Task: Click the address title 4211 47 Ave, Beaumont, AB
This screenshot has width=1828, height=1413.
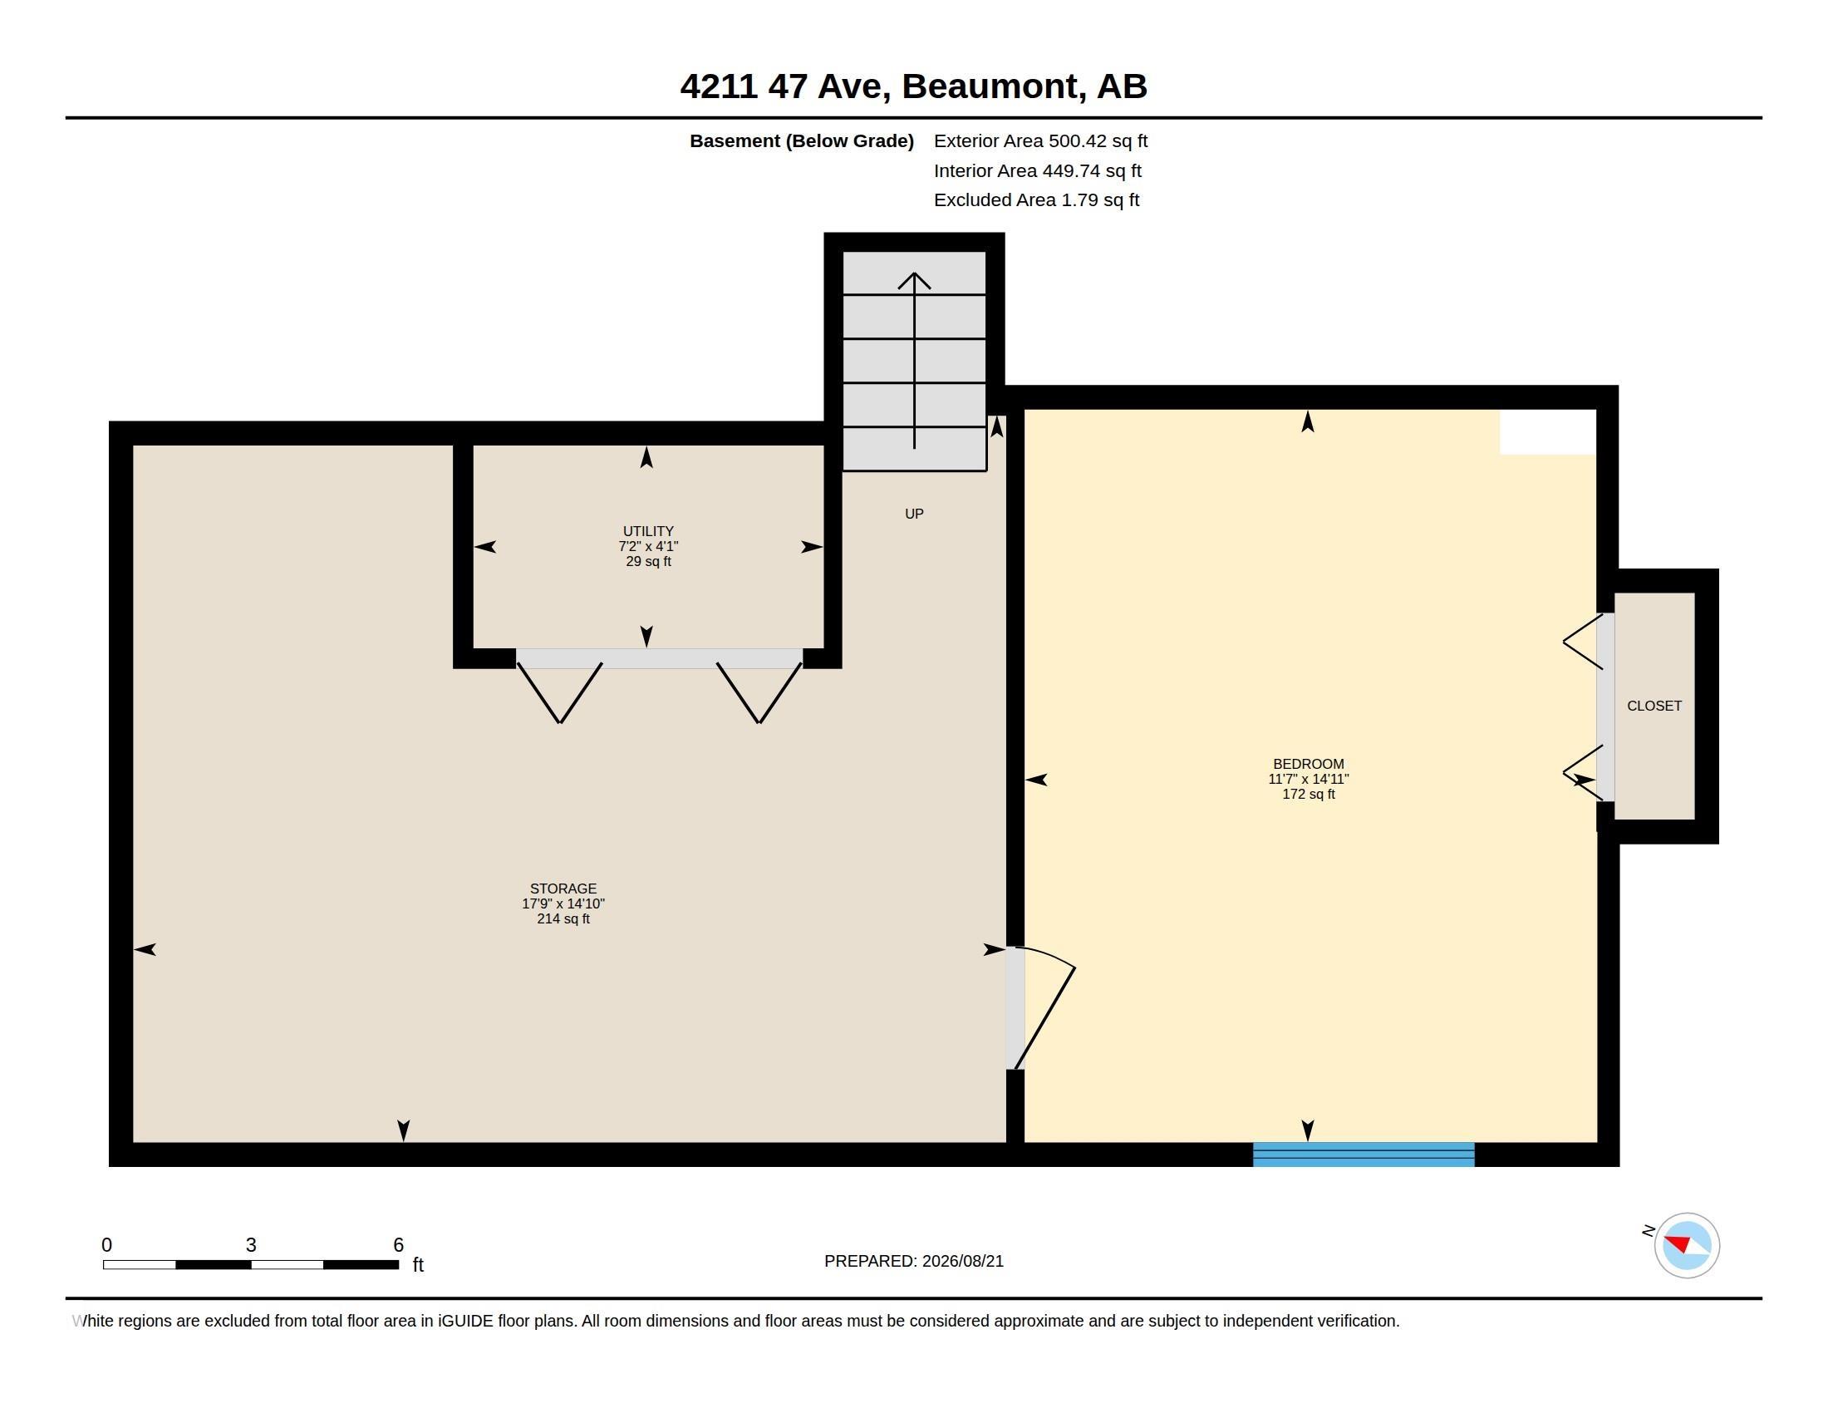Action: coord(913,86)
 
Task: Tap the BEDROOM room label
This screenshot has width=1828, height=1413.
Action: coord(1308,764)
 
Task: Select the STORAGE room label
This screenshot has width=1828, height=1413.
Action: coord(563,889)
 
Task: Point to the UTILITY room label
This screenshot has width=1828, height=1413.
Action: coord(648,532)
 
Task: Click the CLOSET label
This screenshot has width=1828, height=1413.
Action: coord(1654,706)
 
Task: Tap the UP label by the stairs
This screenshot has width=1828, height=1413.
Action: coord(914,514)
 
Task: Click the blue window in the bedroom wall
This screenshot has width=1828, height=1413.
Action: coord(1364,1154)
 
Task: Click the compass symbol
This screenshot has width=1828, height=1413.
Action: coord(1687,1245)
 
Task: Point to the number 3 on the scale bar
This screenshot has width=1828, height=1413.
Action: coord(251,1245)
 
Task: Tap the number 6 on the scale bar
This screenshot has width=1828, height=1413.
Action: coord(398,1245)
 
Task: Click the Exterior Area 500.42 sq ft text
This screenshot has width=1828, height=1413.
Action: coord(1040,141)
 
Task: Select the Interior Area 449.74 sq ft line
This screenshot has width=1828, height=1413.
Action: coord(1037,170)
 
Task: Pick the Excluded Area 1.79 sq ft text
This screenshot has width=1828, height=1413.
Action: coord(1036,200)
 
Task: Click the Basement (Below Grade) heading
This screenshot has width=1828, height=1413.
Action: coord(801,141)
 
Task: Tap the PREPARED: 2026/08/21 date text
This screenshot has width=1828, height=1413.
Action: coord(913,1262)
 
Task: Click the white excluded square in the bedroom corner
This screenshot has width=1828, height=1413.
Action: coord(1548,432)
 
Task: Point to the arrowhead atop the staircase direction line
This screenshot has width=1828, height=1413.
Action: coord(914,279)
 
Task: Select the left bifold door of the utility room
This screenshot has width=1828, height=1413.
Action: coord(559,693)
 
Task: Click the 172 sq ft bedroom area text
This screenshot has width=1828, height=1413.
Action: coord(1308,795)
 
